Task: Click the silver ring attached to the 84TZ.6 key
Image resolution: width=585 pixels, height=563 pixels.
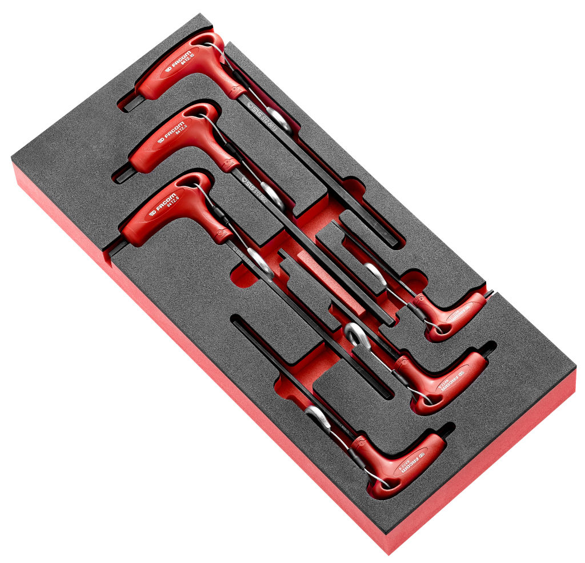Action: point(259,263)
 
